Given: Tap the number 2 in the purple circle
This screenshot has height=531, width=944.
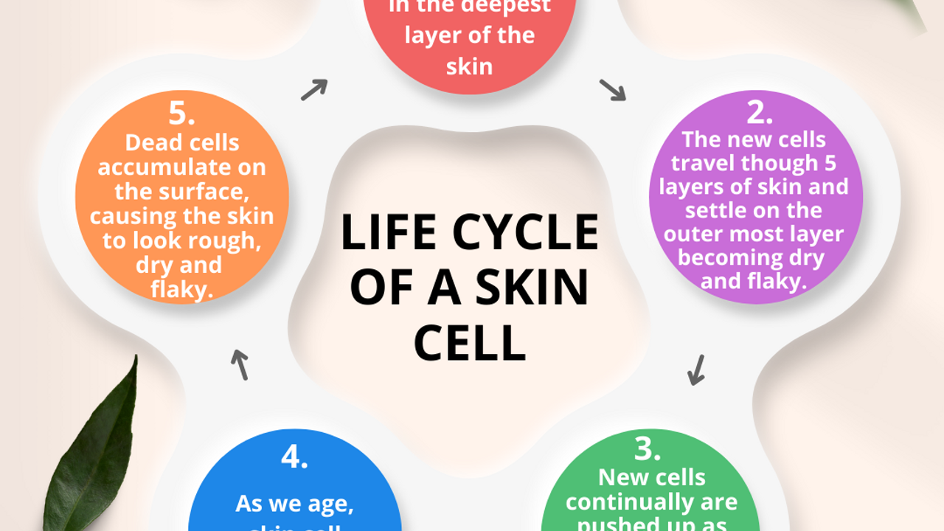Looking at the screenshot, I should (760, 112).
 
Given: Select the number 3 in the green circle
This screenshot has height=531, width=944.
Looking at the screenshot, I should (648, 449).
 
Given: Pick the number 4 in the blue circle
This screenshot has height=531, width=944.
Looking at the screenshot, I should (295, 457).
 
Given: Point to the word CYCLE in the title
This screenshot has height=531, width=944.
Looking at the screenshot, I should (524, 233).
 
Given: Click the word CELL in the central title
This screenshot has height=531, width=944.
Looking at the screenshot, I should (469, 343).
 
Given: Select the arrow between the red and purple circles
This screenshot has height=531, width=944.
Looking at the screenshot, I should (612, 90).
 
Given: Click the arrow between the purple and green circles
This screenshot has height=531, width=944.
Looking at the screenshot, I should (695, 369).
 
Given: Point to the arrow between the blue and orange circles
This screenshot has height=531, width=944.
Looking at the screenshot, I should (239, 364).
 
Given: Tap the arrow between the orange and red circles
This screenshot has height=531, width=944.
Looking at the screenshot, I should (313, 89).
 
